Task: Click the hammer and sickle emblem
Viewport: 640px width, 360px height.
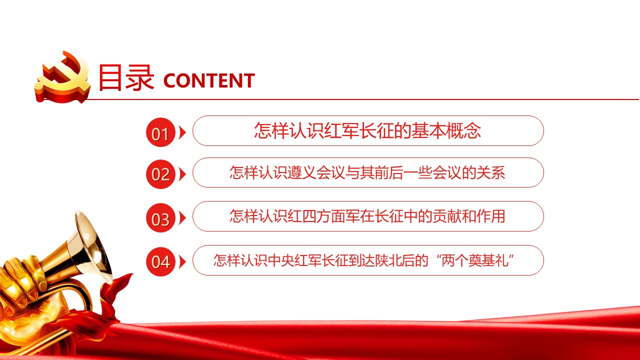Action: click(63, 77)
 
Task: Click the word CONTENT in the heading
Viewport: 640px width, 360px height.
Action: click(209, 80)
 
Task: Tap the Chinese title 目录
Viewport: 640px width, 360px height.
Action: click(126, 77)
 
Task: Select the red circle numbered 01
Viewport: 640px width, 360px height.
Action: click(160, 132)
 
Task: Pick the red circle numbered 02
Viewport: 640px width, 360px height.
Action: click(160, 174)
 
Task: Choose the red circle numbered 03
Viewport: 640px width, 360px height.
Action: click(160, 217)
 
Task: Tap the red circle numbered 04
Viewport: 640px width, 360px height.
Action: click(160, 261)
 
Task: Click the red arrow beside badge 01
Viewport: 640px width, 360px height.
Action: click(182, 132)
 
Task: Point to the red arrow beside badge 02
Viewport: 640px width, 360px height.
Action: click(182, 174)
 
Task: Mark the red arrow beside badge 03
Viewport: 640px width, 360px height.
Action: click(182, 217)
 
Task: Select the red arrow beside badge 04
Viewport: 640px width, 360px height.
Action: click(182, 261)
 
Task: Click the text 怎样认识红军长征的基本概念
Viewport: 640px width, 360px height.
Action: click(367, 131)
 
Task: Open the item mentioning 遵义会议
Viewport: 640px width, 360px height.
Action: click(367, 172)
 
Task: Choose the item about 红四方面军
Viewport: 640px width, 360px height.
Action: click(367, 216)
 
